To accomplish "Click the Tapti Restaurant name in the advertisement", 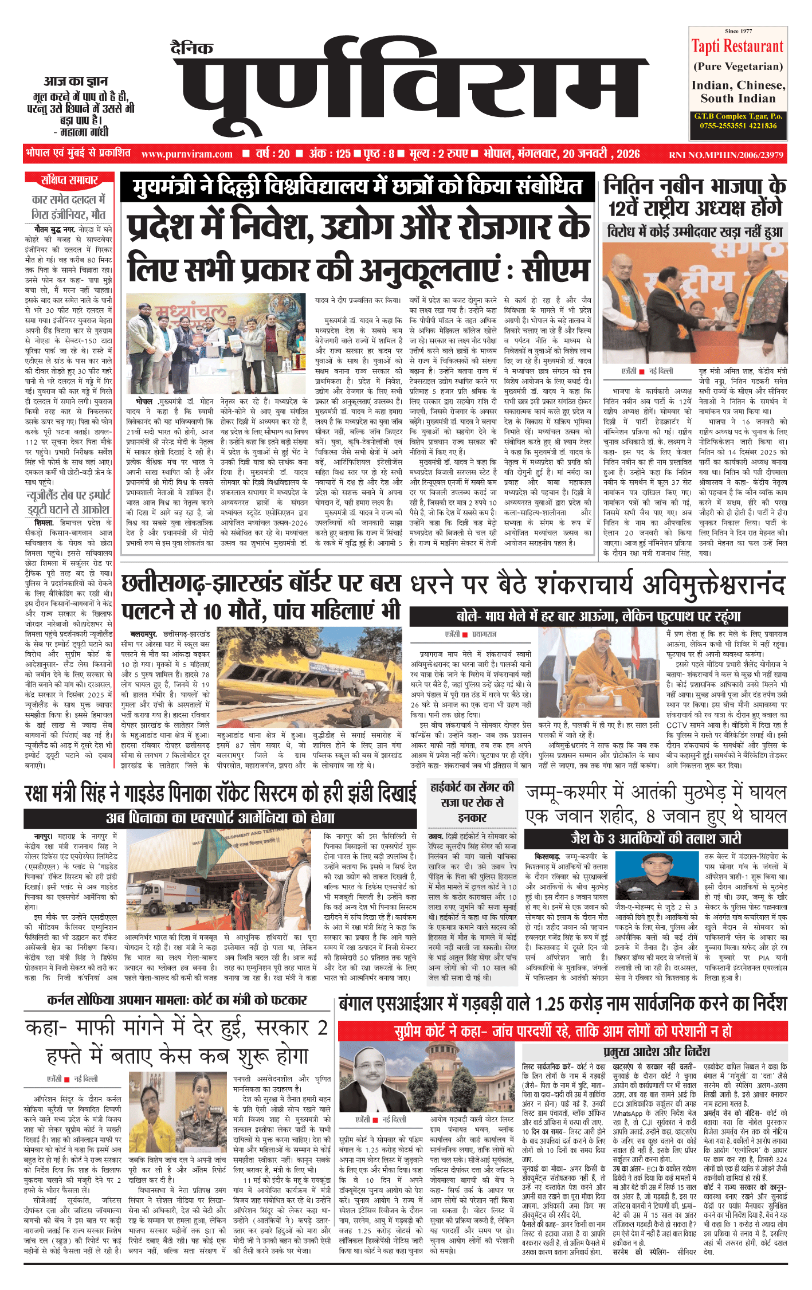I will (x=737, y=46).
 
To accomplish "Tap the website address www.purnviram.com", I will (x=187, y=154).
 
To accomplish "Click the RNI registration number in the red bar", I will (x=725, y=155).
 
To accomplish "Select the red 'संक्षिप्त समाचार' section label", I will (x=69, y=180).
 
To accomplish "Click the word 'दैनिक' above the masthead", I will (x=192, y=48).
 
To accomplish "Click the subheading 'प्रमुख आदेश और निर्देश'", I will (x=656, y=1052).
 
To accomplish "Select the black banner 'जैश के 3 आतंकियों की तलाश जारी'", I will (x=656, y=838).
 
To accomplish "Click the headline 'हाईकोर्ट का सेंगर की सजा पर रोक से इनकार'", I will (x=472, y=802).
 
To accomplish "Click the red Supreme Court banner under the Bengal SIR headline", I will (x=563, y=1031).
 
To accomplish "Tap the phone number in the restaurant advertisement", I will (x=738, y=126).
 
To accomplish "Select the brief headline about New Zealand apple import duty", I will (x=68, y=503).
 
